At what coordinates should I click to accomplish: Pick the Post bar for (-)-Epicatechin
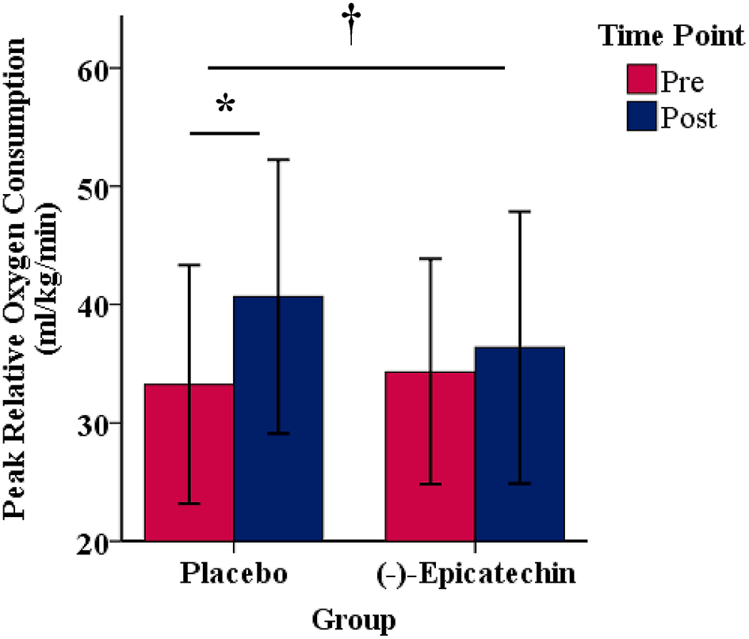(x=519, y=443)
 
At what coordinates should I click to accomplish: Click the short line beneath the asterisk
(x=225, y=133)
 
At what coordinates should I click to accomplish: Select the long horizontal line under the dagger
(x=356, y=68)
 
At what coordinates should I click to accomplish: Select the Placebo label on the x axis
(x=233, y=574)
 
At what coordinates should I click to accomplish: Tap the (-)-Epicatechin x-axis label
(x=475, y=574)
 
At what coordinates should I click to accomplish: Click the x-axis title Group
(x=353, y=618)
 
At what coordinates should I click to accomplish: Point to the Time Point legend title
(x=671, y=36)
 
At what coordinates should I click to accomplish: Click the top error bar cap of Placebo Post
(x=278, y=160)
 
